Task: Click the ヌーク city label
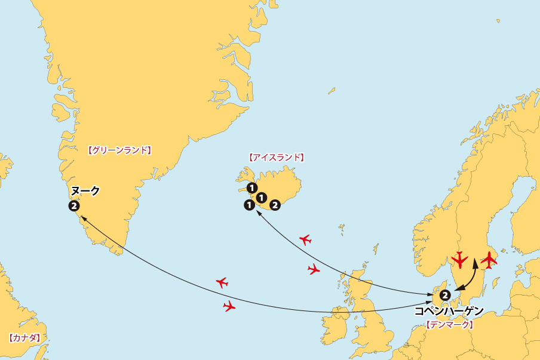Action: click(85, 191)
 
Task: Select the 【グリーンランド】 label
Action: click(119, 151)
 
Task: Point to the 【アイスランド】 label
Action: click(275, 158)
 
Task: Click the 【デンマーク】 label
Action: click(450, 325)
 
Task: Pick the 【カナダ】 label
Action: click(24, 338)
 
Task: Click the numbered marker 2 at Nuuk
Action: click(73, 207)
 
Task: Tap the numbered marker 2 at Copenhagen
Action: click(444, 295)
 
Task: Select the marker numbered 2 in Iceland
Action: click(275, 205)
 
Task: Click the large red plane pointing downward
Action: click(459, 260)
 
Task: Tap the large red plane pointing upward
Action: click(489, 259)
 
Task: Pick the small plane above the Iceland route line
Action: click(305, 240)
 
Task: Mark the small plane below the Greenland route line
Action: click(229, 307)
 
